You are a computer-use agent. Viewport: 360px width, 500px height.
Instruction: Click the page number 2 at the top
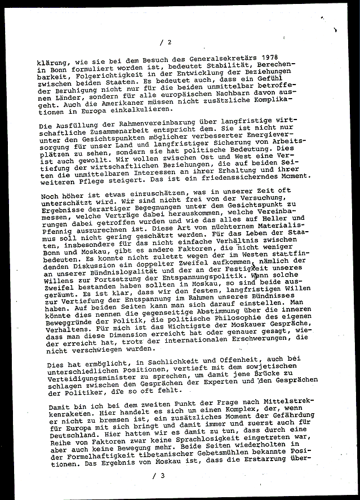168,43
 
